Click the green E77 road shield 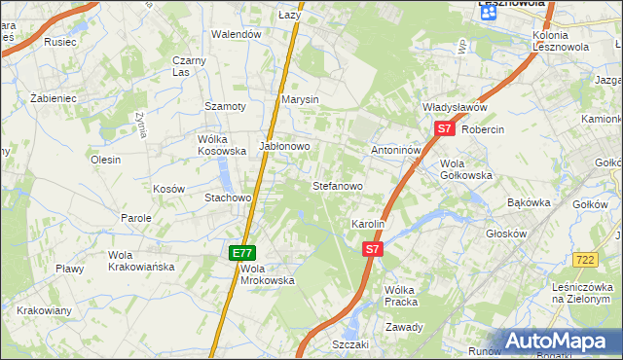[243, 252]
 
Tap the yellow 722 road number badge [585, 259]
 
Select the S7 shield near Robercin [444, 128]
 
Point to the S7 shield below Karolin [372, 250]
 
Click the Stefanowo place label [337, 185]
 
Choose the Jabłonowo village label [284, 146]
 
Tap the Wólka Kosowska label [222, 145]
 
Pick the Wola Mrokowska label [267, 273]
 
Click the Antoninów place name [395, 151]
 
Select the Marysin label [300, 100]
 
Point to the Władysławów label [454, 107]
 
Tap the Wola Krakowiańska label [140, 261]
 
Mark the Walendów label [238, 34]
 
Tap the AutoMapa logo [558, 342]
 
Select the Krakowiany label [44, 311]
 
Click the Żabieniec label [53, 99]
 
